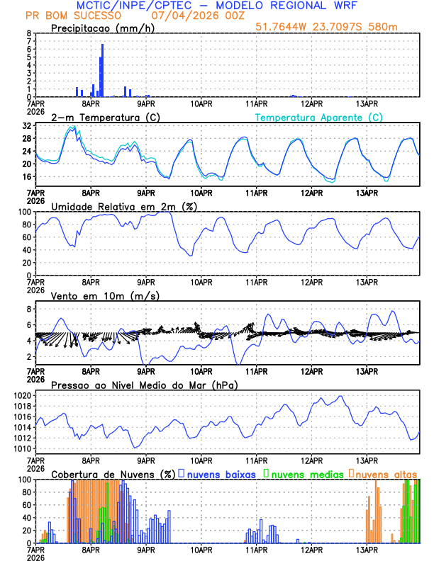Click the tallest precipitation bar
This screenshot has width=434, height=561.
pos(102,70)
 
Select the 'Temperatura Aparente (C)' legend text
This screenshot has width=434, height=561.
pos(318,117)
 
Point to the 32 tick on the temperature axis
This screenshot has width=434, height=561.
pos(27,125)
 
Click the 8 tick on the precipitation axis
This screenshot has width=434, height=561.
pos(29,33)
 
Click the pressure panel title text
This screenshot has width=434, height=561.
pos(144,385)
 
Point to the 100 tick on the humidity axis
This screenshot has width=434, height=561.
pos(25,212)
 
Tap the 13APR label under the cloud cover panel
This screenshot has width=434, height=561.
pos(367,549)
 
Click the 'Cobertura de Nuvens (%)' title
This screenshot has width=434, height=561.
pos(112,473)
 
